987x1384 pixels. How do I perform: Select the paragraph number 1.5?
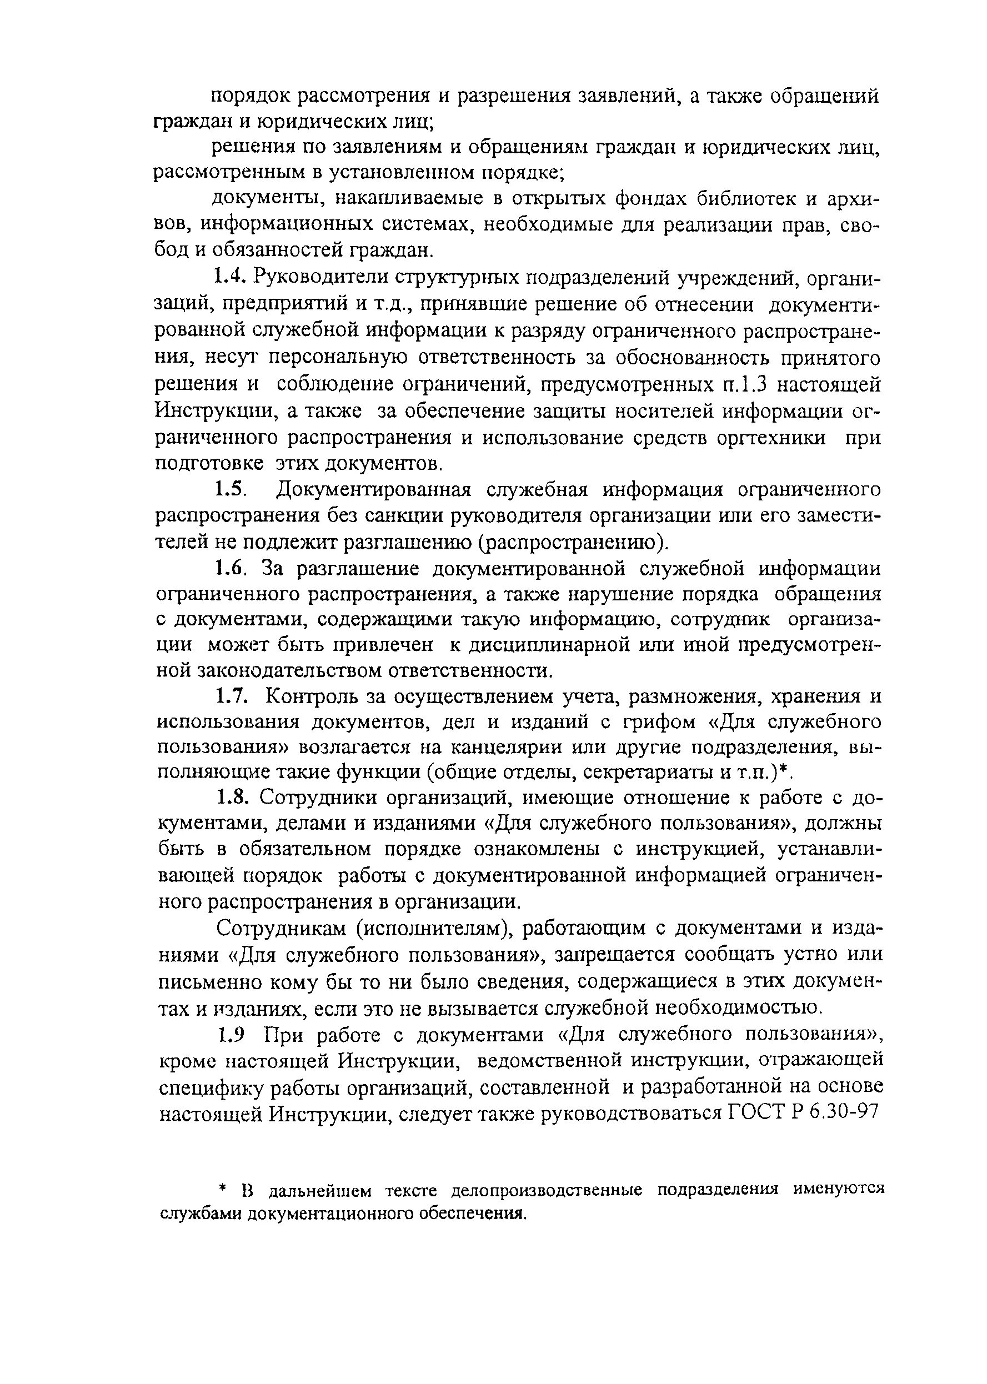(x=230, y=489)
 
